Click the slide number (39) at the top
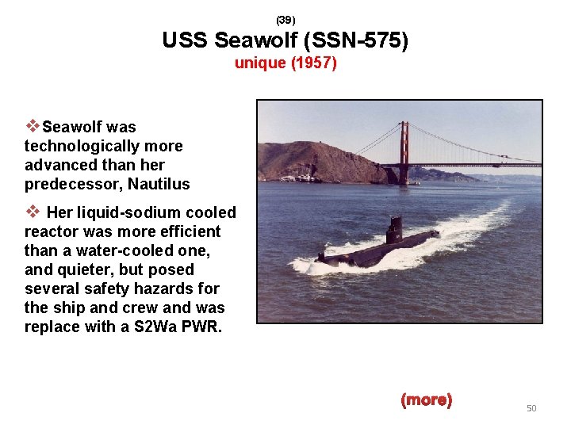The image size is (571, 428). [x=285, y=19]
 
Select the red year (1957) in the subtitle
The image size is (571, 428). [x=314, y=63]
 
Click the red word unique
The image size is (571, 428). [x=259, y=63]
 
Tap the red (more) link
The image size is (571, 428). [x=427, y=400]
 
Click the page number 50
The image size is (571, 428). [x=531, y=408]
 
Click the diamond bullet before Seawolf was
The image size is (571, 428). [x=33, y=126]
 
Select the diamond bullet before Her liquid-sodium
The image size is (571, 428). [x=33, y=212]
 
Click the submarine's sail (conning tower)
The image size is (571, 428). [x=394, y=231]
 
